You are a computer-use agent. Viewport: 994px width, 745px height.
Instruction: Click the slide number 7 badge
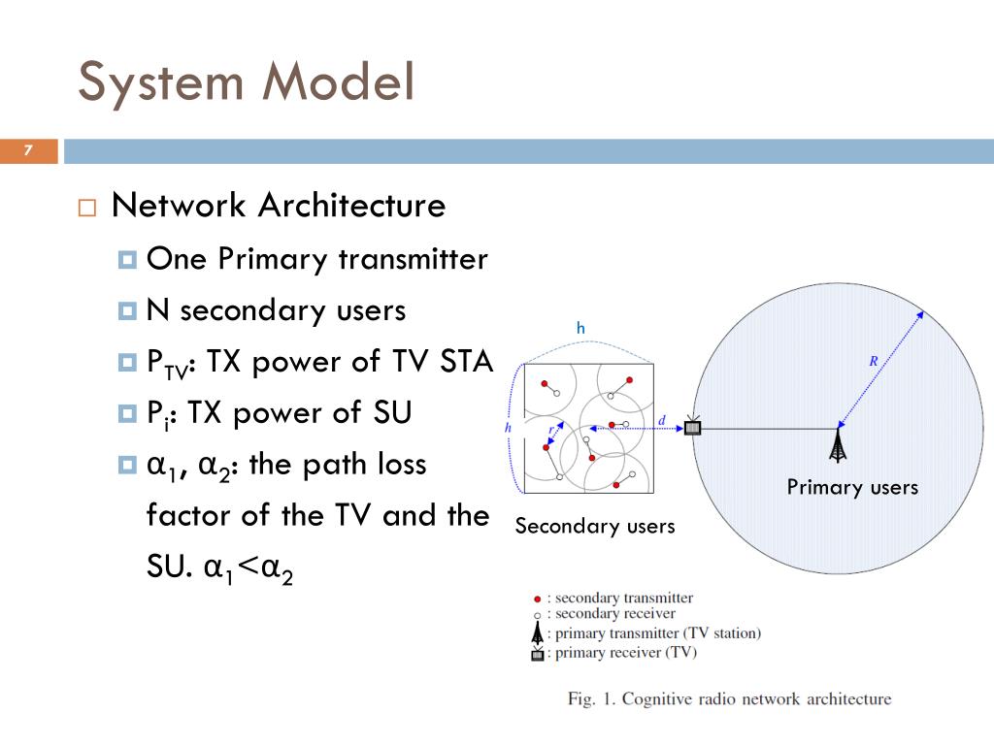point(28,150)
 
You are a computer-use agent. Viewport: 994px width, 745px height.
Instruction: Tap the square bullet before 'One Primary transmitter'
point(127,260)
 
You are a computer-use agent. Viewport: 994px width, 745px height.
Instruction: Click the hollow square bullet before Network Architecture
point(87,208)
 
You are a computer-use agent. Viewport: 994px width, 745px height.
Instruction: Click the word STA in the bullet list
point(467,362)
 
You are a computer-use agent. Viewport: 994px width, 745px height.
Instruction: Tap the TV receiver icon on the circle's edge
point(692,427)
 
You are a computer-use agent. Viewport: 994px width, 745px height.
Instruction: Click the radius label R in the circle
point(874,361)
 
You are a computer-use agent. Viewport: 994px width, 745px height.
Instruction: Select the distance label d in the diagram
point(662,420)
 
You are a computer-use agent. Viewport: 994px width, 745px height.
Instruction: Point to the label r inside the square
point(550,428)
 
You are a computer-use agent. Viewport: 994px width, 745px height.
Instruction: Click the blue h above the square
point(580,329)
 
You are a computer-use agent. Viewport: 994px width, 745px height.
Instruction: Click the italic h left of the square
point(508,427)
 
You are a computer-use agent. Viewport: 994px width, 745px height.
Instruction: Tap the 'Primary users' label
point(852,487)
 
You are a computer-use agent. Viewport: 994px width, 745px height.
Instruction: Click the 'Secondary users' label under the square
point(594,526)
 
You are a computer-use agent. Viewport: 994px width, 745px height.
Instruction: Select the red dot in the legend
point(537,599)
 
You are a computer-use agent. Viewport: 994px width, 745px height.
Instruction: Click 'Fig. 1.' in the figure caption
point(591,698)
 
